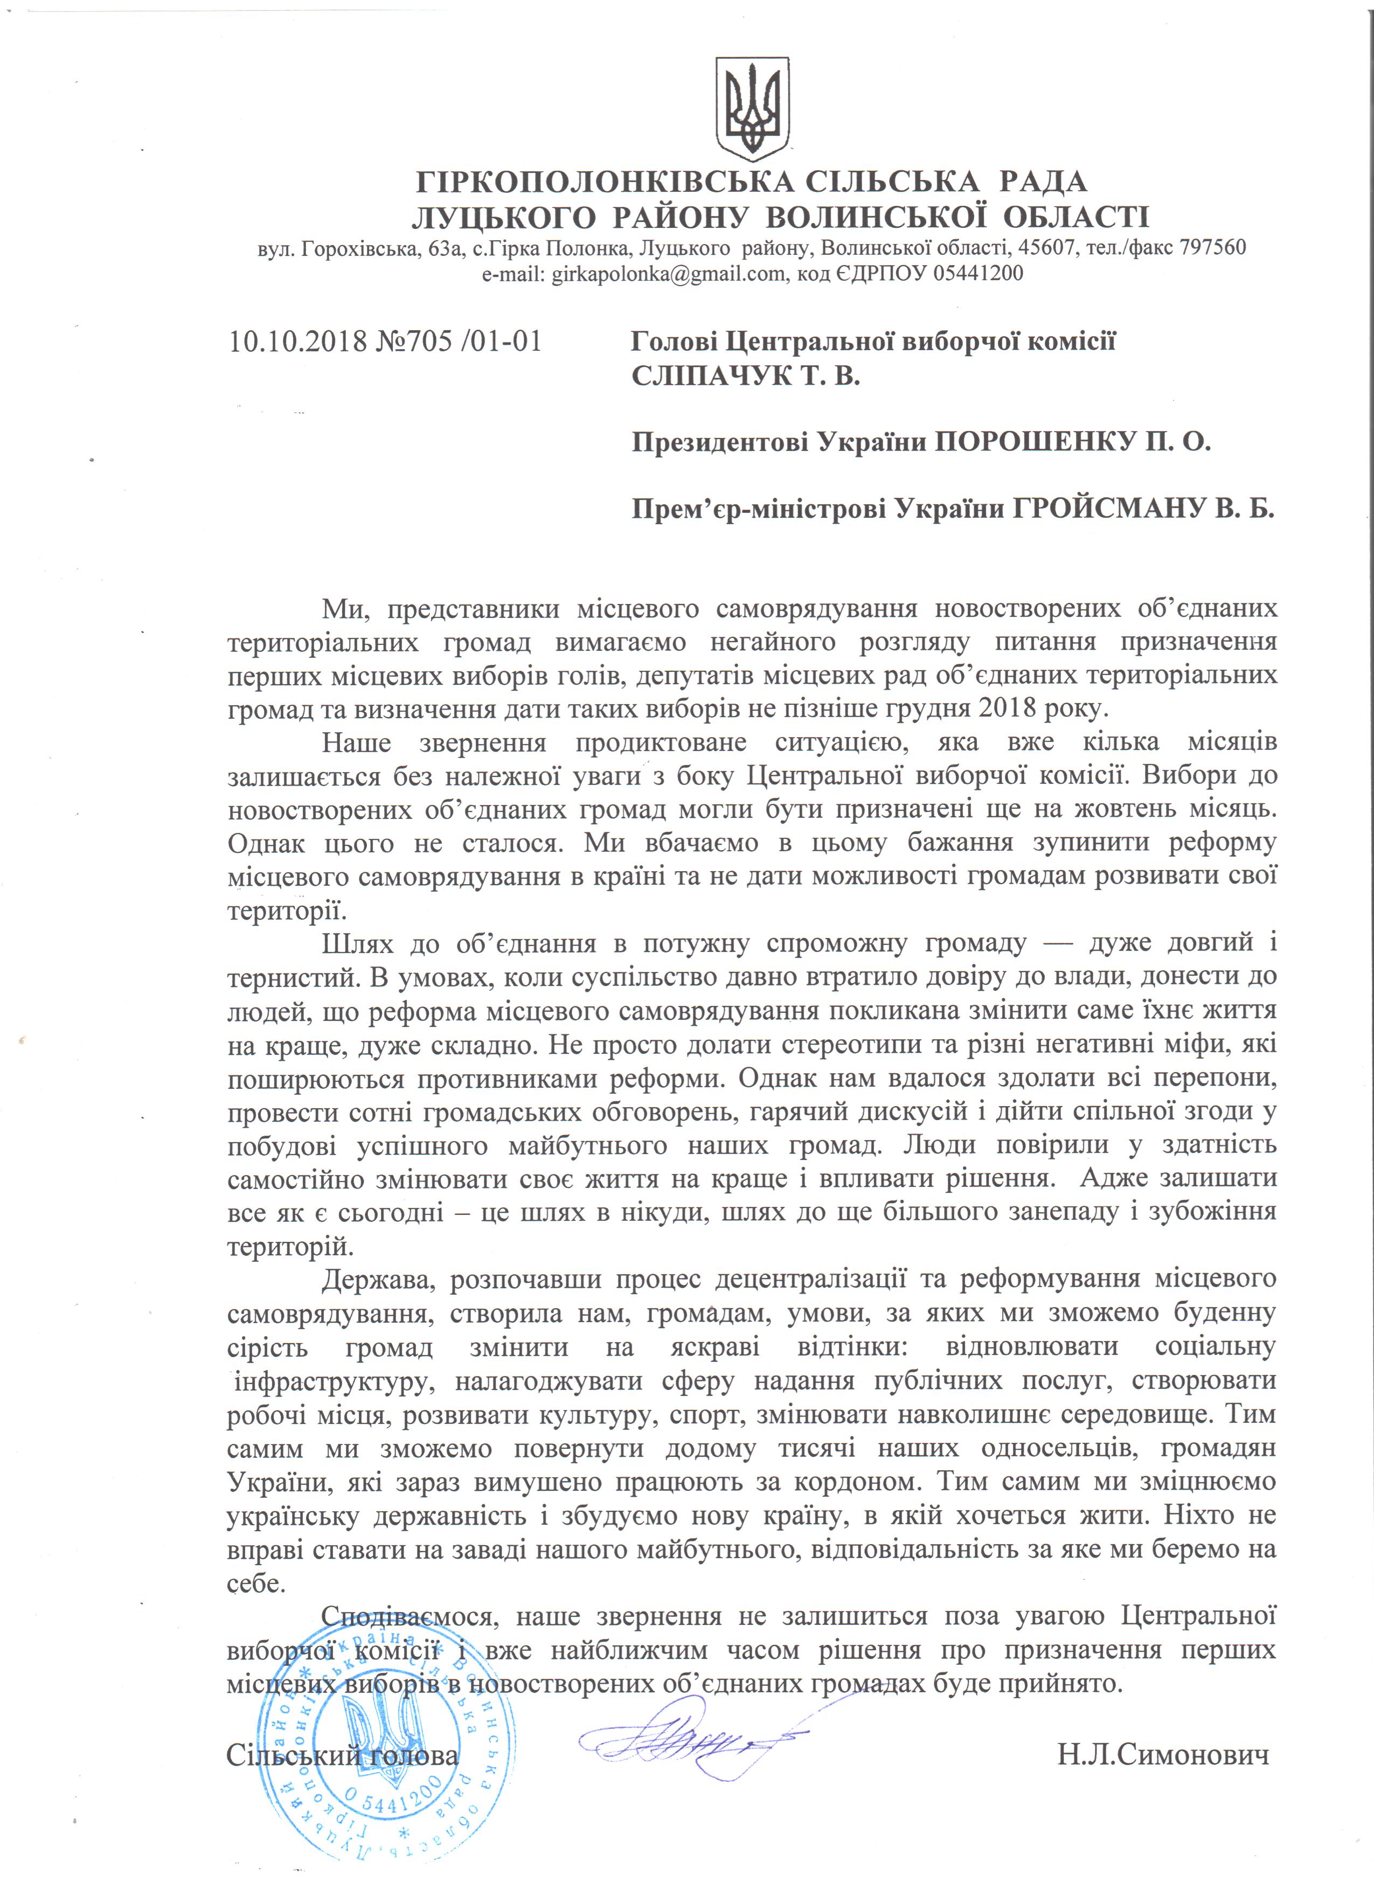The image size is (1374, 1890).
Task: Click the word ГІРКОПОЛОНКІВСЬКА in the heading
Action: (x=607, y=181)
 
